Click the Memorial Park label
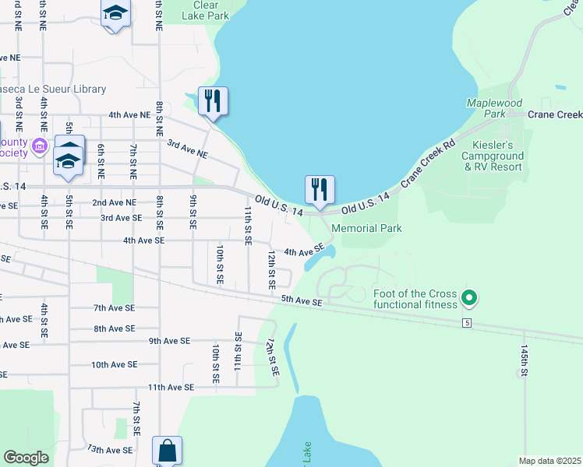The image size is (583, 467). pos(366,228)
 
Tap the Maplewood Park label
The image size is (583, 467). pos(494,108)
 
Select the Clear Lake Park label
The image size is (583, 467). pos(205,9)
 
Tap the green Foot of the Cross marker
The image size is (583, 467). pos(468,297)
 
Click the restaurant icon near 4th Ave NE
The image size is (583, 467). pos(212,101)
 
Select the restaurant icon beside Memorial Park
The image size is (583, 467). pos(319,190)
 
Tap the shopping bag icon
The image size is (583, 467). pos(167,450)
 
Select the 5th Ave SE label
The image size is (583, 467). pos(301,300)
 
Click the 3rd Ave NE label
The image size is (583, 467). pos(188,149)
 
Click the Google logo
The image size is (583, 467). pos(26,458)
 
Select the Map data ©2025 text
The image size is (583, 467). pos(549,461)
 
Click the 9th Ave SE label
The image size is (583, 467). pos(169,341)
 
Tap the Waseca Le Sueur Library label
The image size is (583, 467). pos(51,90)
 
